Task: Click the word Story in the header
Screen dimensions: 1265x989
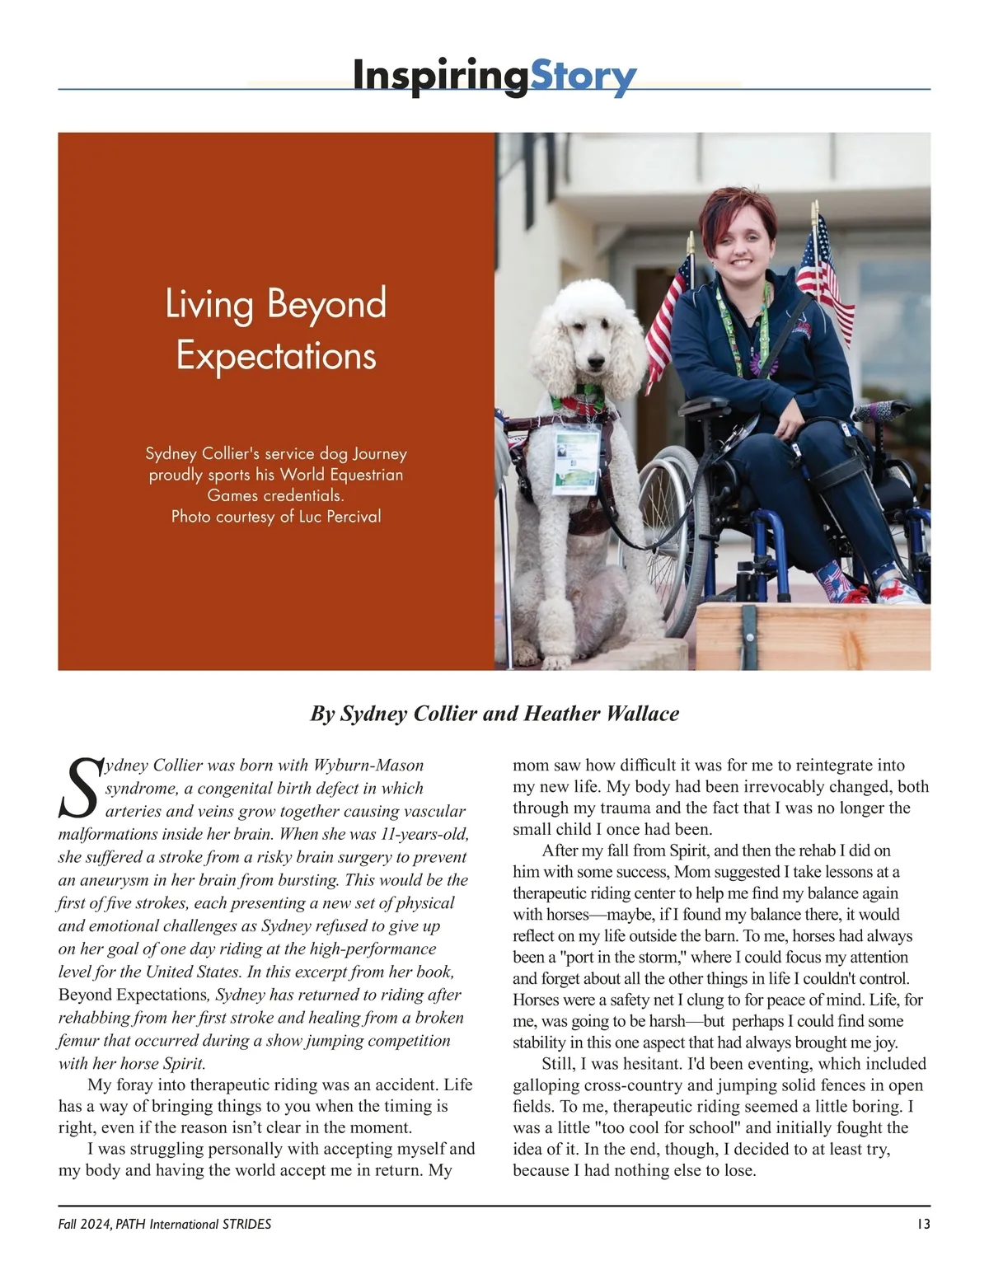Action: (x=583, y=77)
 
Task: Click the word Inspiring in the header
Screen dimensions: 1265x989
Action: (x=440, y=77)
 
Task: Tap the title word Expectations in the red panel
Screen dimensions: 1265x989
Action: (x=276, y=356)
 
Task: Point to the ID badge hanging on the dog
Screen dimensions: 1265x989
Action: (x=575, y=461)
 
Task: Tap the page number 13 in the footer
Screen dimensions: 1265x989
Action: (x=923, y=1224)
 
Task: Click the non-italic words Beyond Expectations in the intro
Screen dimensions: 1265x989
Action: (x=133, y=995)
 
